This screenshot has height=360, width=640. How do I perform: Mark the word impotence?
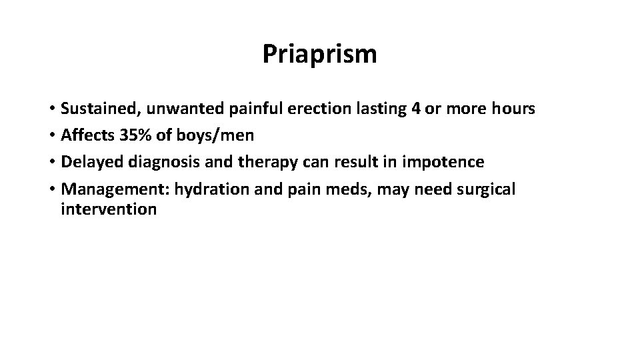[x=445, y=163]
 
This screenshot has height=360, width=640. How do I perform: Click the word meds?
[x=353, y=190]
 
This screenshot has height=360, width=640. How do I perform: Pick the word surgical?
[x=487, y=190]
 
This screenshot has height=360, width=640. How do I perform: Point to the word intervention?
[x=109, y=210]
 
